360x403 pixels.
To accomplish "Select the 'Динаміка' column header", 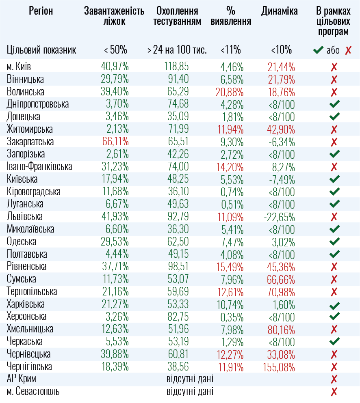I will coord(280,11).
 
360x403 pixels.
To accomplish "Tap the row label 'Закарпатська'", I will coord(30,142).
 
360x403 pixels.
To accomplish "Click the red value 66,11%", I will coord(115,142).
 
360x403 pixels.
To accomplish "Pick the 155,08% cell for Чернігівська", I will coord(279,367).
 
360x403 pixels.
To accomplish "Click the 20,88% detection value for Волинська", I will coord(230,92).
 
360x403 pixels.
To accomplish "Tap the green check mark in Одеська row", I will coord(334,242).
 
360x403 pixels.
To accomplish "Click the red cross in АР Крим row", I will coord(334,379).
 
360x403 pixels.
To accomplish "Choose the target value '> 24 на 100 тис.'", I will coord(177,50).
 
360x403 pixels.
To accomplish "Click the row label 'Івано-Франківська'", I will coord(39,167).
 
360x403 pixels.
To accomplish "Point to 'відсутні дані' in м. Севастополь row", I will coord(190,392).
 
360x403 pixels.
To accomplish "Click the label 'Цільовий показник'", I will coord(41,50).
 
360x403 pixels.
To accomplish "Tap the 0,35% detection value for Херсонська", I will coord(232,317).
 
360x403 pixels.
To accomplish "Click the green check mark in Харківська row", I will coord(334,305).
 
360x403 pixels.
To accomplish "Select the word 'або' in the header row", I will coord(333,51).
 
